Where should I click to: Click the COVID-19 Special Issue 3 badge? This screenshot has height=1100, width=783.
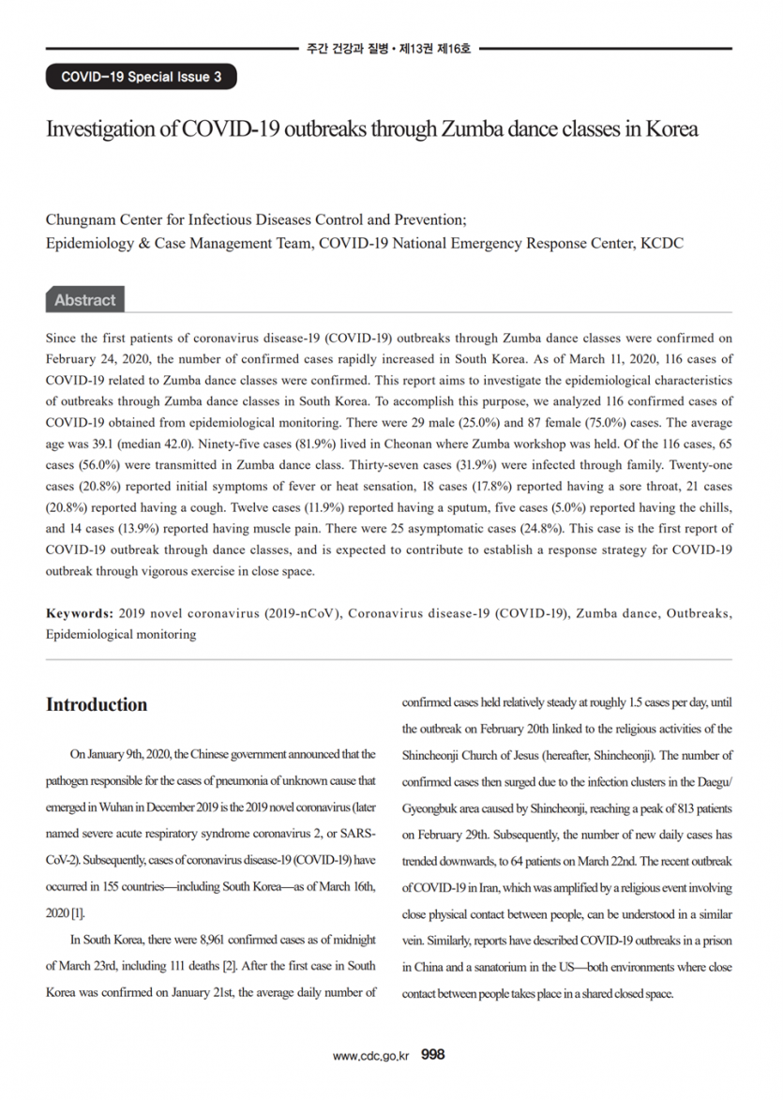coord(142,77)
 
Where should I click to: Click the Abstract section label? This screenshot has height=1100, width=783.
coord(84,300)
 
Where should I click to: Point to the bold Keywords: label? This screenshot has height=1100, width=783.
coord(79,613)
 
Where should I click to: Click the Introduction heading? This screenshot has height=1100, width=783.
coord(97,705)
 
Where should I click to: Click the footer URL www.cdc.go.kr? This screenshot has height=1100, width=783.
coord(371,1055)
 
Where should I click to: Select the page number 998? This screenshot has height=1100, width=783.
coord(433,1054)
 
